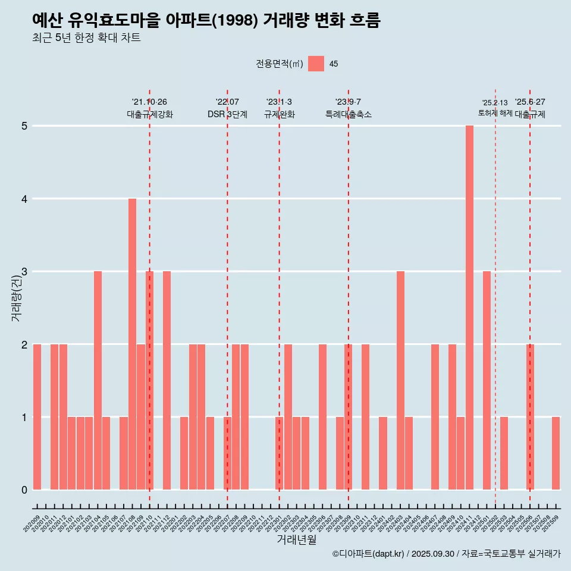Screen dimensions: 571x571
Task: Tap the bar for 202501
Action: pos(487,380)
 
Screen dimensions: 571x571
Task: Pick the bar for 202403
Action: pos(400,380)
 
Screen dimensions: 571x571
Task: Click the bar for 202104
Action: pos(98,380)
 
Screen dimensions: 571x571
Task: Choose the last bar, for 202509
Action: pos(556,453)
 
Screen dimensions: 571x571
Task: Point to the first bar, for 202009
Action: pos(37,416)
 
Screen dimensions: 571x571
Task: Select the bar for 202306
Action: pos(322,416)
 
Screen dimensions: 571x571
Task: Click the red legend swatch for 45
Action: pos(316,64)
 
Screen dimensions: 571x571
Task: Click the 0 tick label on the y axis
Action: pos(24,490)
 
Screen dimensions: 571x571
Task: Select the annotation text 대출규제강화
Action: pos(150,114)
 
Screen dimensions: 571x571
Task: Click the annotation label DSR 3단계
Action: pos(227,114)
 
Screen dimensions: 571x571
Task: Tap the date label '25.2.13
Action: pos(495,103)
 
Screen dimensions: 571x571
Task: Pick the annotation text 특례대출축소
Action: pos(349,114)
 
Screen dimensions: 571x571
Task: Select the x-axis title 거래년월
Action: pos(296,539)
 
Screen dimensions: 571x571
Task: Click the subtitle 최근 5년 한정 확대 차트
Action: pos(86,38)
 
